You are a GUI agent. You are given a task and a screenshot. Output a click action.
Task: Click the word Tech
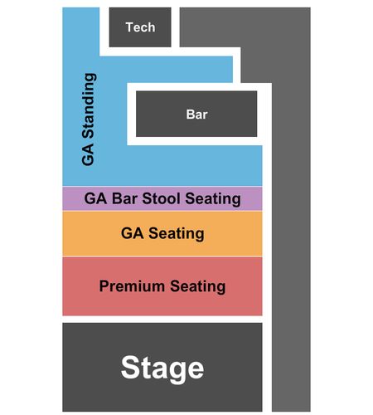(140, 27)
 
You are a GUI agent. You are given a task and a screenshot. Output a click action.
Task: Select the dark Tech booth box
(140, 27)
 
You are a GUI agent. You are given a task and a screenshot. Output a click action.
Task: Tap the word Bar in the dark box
(196, 115)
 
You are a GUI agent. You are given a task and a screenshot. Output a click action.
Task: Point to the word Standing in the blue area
(89, 105)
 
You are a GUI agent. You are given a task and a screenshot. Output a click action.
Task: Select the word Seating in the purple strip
(213, 199)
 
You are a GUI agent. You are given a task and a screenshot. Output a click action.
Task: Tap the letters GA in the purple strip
(95, 198)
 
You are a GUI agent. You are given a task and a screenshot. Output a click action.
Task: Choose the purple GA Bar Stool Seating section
(162, 198)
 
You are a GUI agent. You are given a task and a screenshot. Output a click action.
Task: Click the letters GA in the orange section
(133, 233)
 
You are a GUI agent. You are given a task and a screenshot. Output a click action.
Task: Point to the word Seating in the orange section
(177, 234)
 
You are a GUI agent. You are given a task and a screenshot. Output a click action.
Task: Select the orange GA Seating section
(162, 233)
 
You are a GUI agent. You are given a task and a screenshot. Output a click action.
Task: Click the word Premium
(132, 286)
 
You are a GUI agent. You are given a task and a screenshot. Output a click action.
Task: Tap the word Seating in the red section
(198, 286)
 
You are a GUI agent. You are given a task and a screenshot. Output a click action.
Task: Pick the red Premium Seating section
(162, 286)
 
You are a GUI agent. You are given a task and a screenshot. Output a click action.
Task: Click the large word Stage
(162, 369)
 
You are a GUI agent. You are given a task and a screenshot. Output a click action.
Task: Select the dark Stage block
(162, 367)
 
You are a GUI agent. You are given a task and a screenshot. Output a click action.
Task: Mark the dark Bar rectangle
(196, 114)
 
